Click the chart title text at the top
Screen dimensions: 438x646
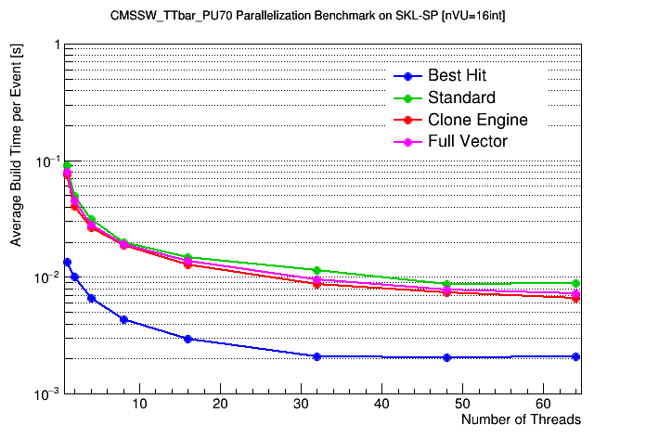pos(321,16)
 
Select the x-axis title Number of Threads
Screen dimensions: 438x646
pos(521,419)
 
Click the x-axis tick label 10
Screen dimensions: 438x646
pos(139,404)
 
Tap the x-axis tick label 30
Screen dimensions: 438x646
pos(302,404)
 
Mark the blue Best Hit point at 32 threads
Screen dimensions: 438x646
pos(317,356)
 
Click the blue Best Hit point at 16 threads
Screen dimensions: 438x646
pos(187,339)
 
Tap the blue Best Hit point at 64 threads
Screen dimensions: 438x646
pos(576,356)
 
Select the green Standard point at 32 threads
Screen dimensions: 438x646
pos(317,270)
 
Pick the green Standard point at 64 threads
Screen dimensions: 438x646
pos(576,283)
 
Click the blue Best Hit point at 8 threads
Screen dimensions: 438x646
pos(123,319)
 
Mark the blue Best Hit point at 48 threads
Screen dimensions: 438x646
pos(446,357)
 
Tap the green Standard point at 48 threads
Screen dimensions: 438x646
pos(446,284)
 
